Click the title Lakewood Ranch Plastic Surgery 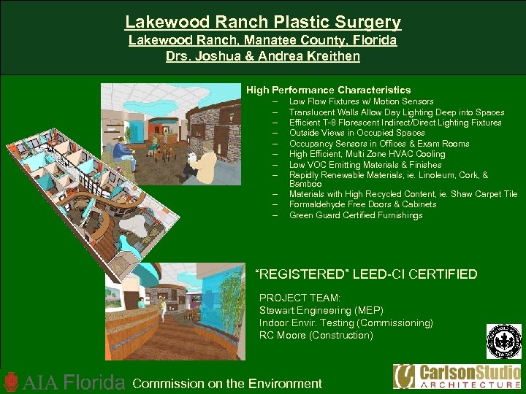(x=263, y=23)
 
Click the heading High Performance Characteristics (x=328, y=90)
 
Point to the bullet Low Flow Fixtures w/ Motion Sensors (x=361, y=101)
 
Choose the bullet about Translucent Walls (x=396, y=112)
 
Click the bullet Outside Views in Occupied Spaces (x=357, y=133)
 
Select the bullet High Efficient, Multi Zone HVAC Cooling (x=367, y=154)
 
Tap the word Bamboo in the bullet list (x=305, y=184)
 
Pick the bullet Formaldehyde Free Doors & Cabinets (x=362, y=204)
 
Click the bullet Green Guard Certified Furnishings (x=356, y=215)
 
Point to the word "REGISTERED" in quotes (x=301, y=275)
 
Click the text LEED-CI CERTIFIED (x=415, y=275)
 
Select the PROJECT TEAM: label (x=289, y=298)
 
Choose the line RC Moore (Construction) (x=316, y=335)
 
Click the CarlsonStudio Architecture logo (x=457, y=376)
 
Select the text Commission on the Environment (x=227, y=383)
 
